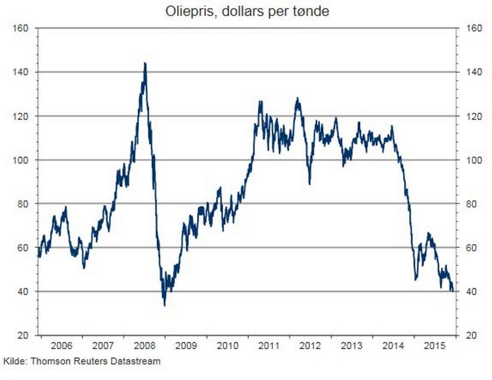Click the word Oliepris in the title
click(186, 11)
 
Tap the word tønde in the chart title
click(312, 11)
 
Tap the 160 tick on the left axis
click(20, 29)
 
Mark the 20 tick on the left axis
click(22, 335)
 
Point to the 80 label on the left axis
click(22, 204)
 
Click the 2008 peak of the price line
click(145, 64)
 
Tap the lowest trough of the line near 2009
click(165, 305)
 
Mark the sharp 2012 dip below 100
click(310, 183)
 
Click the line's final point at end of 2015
click(452, 291)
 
